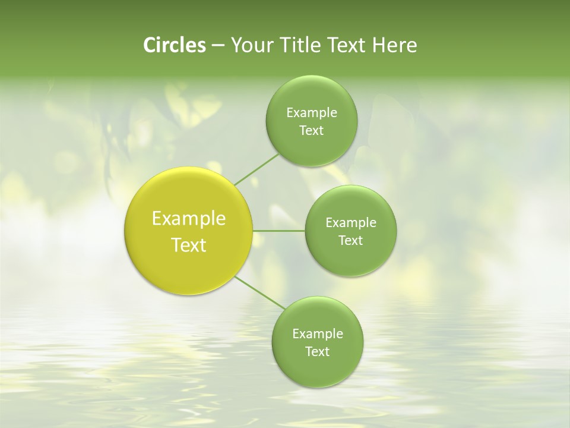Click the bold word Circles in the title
(175, 45)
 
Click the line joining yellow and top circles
(256, 169)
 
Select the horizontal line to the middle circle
(278, 231)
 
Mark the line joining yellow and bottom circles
(259, 293)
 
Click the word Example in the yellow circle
(189, 219)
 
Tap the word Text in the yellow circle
(189, 245)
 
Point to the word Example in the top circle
(311, 112)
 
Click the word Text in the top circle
(311, 131)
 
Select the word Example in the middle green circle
(350, 222)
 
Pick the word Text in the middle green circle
(350, 241)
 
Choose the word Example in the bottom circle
(317, 333)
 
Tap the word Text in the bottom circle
(317, 352)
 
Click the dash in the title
(217, 46)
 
